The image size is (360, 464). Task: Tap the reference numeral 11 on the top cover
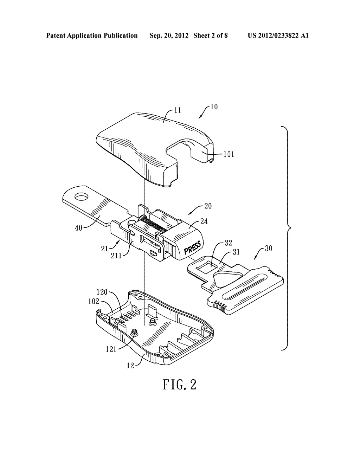(x=178, y=110)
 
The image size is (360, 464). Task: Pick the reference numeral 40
(x=78, y=227)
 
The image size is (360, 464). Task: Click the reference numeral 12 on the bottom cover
(x=130, y=366)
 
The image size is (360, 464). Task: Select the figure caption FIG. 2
(x=180, y=385)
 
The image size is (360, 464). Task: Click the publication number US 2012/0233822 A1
(x=278, y=36)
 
